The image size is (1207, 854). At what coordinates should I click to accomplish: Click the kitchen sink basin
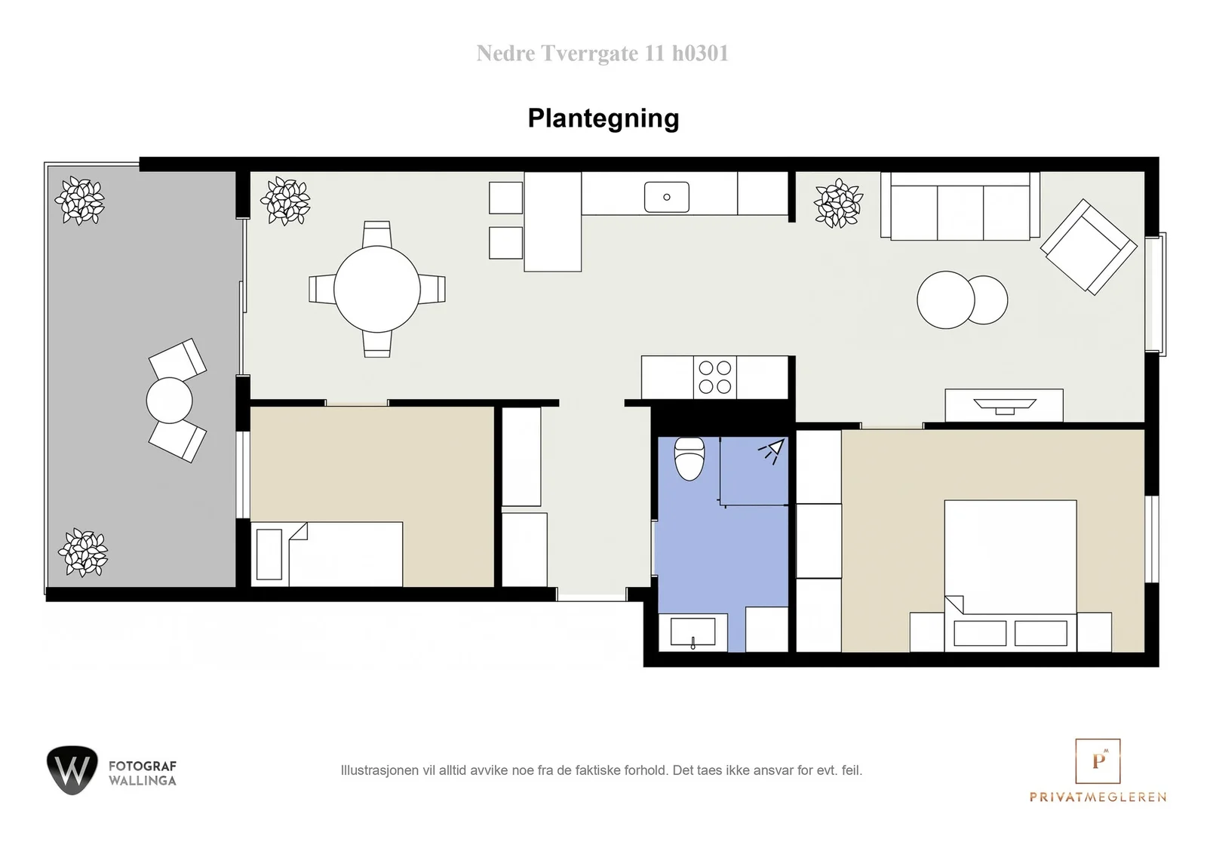pos(667,197)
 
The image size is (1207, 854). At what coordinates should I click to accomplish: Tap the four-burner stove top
pos(715,377)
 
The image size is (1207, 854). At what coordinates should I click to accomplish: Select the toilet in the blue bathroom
pos(689,459)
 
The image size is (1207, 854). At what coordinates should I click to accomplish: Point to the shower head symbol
pos(772,450)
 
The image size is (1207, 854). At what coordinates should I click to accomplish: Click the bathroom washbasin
pos(693,632)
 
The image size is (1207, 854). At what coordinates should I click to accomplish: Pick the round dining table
pos(377,290)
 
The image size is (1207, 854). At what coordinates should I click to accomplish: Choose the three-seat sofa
pos(960,207)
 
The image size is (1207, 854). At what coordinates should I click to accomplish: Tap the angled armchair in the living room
pos(1089,247)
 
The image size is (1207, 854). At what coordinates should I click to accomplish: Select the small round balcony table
pos(169,401)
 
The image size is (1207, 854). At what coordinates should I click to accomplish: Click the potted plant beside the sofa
pos(838,203)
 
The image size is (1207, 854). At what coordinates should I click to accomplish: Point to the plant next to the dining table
pos(286,201)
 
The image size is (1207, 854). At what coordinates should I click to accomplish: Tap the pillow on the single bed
pos(269,554)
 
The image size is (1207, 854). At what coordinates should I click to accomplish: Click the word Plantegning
pos(603,118)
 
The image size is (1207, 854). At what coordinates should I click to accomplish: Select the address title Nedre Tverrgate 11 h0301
pos(603,54)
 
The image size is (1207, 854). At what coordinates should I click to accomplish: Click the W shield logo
pos(72,770)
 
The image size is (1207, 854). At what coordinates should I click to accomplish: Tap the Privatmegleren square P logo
pos(1098,760)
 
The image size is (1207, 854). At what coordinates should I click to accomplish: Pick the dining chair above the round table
pos(377,234)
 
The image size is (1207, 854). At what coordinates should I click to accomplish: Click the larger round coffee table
pos(946,300)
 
